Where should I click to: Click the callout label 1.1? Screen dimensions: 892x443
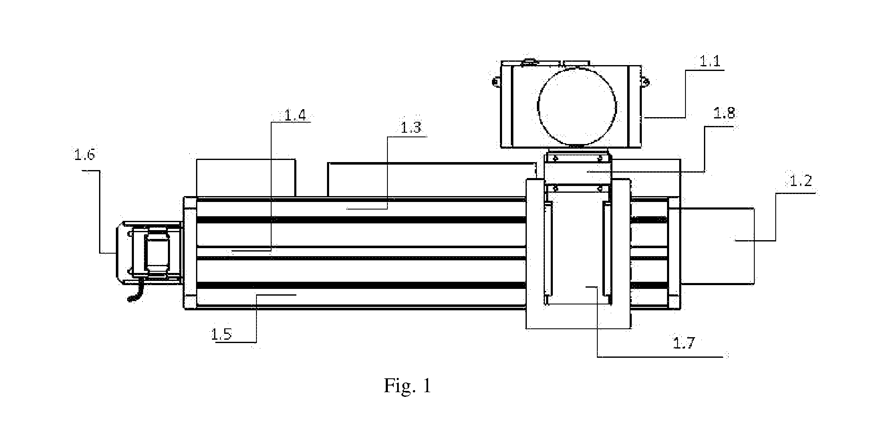click(710, 62)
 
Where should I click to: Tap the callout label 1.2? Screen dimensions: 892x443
click(801, 181)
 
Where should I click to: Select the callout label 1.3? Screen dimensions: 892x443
click(410, 128)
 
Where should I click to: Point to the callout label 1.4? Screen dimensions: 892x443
click(295, 115)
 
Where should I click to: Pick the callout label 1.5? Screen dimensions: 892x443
click(221, 335)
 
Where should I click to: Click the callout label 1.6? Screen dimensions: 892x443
click(84, 155)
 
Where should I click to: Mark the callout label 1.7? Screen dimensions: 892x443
click(684, 343)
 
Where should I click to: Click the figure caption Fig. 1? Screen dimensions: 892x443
click(408, 386)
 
